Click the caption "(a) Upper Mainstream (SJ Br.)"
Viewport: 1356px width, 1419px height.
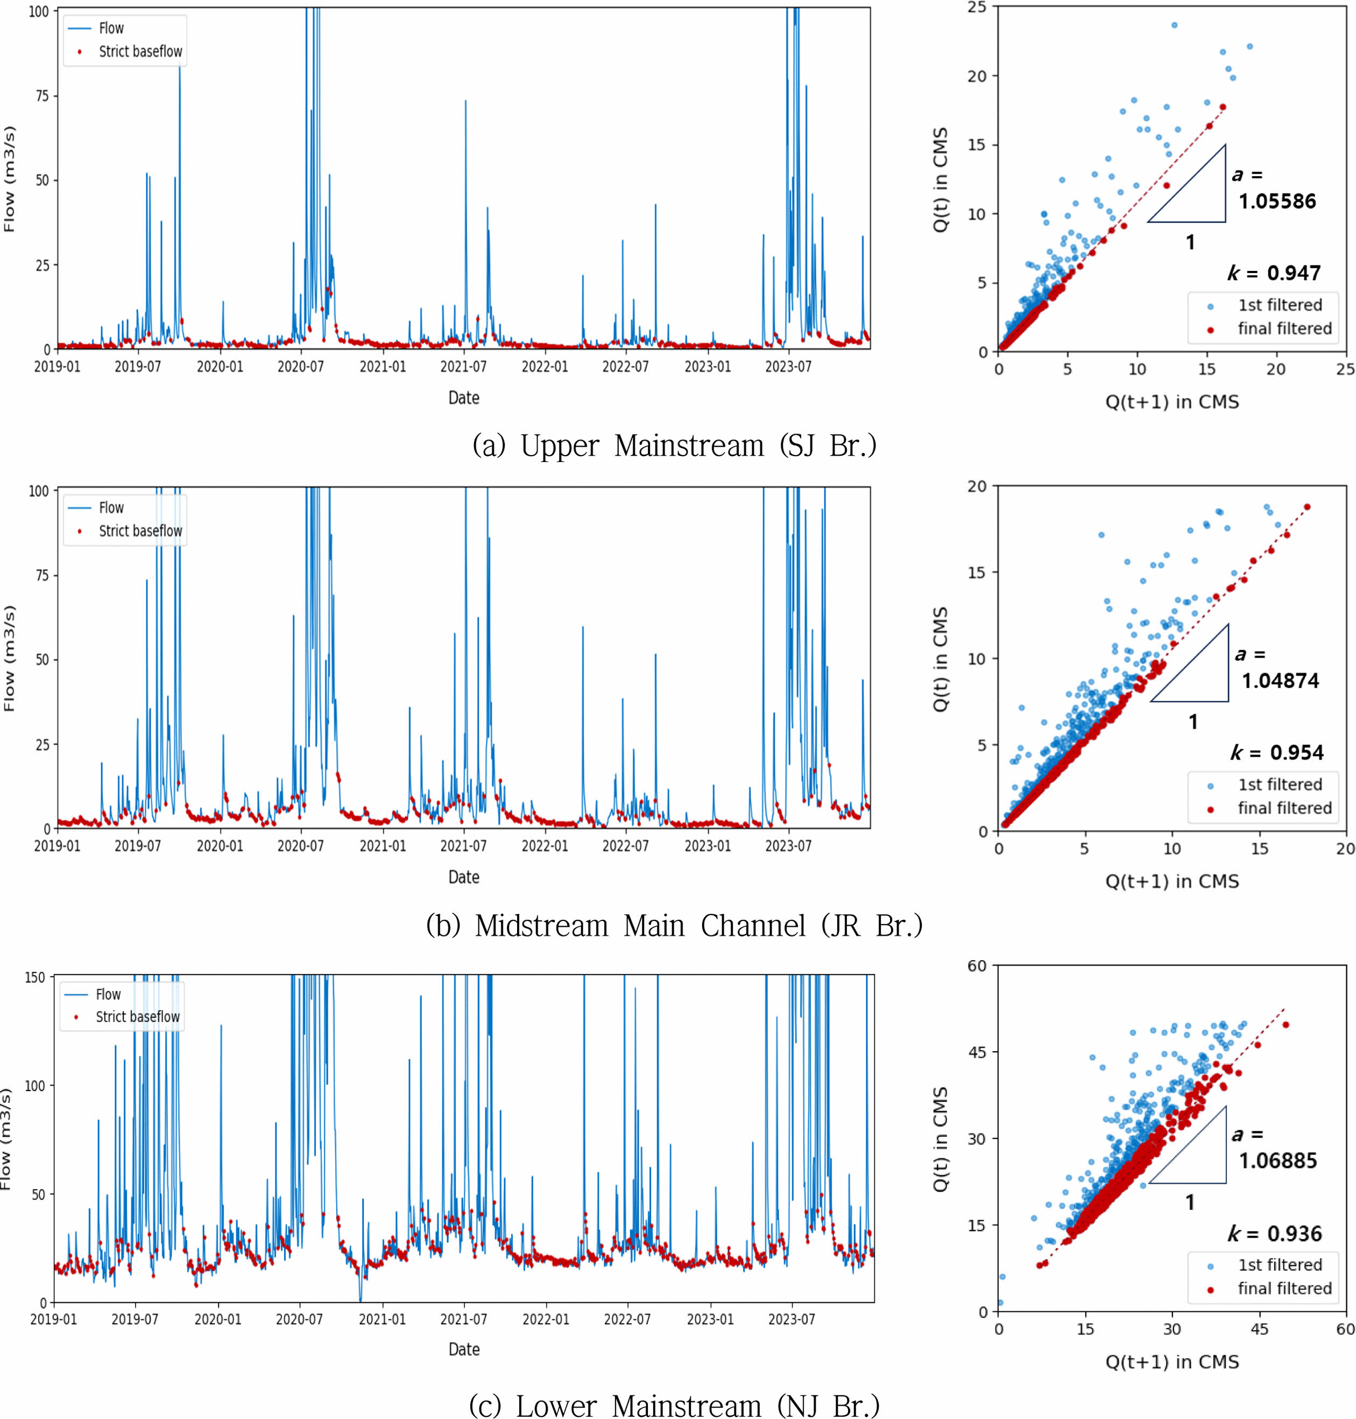click(674, 445)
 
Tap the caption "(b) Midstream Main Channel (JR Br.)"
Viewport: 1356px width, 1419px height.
click(674, 926)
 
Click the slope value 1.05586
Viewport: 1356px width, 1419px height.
click(1277, 201)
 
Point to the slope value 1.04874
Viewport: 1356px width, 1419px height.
click(1280, 681)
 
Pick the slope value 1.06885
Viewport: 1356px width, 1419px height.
click(1278, 1161)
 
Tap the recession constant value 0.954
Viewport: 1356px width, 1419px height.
click(1297, 752)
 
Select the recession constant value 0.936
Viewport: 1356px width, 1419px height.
click(1294, 1233)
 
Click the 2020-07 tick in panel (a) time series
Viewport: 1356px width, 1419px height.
click(301, 367)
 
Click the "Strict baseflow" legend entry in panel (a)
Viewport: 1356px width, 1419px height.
click(140, 51)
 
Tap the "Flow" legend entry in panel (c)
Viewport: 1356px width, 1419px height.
click(108, 995)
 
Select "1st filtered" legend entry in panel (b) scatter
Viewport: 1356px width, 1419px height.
click(1280, 785)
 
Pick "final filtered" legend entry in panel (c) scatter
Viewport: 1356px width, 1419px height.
click(1284, 1288)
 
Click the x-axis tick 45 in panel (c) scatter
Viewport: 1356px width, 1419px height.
click(1259, 1329)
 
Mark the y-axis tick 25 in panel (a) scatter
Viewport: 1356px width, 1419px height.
click(977, 8)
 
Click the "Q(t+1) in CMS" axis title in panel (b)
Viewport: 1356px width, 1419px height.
click(1171, 882)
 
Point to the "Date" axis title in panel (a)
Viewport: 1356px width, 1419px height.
click(463, 398)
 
